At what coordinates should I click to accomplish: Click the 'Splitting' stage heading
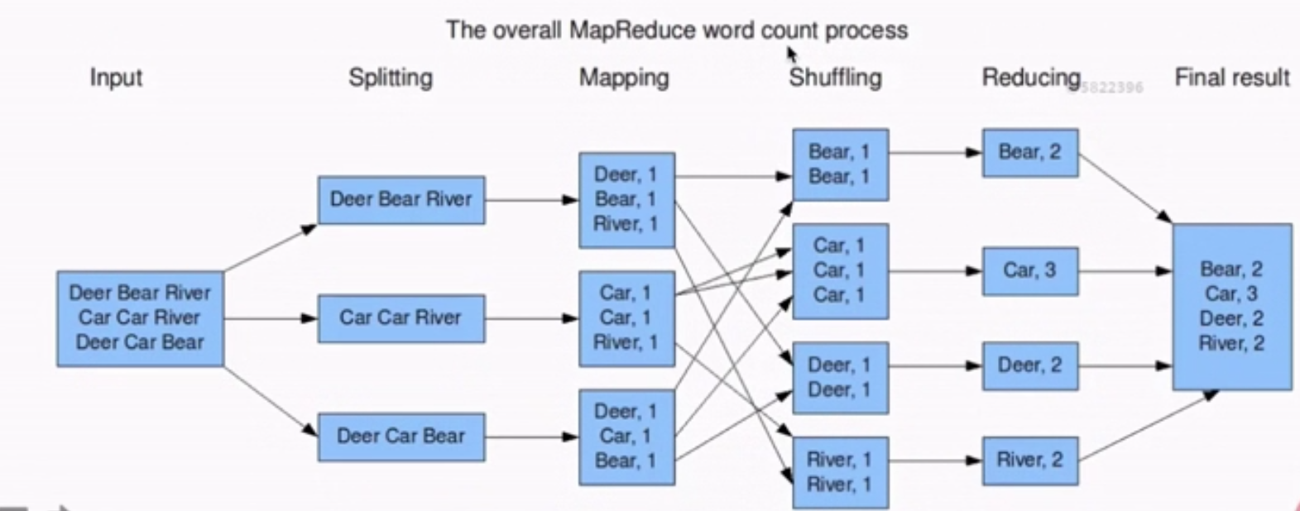pos(390,78)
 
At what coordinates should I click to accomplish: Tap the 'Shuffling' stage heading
pos(835,78)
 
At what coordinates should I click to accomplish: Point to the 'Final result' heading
pos(1231,78)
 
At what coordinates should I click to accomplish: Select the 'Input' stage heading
pos(116,78)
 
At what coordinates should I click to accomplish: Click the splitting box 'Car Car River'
pos(401,318)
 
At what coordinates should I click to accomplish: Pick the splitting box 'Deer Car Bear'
pos(401,437)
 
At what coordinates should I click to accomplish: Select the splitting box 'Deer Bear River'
pos(401,199)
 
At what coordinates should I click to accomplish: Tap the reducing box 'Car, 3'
pos(1029,270)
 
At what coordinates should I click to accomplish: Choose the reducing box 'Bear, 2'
pos(1029,152)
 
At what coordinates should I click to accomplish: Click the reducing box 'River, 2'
pos(1029,460)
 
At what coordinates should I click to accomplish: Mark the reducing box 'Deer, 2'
pos(1029,365)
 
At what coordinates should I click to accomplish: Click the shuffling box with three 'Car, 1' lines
pos(840,270)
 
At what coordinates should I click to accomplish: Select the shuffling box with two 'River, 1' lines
pos(840,472)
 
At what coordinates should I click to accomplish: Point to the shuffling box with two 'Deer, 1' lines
pos(840,377)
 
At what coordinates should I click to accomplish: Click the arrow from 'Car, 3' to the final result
pos(1125,270)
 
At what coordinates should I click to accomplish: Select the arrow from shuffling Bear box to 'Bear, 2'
pos(935,152)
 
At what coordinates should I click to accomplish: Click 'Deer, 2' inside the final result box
pos(1231,318)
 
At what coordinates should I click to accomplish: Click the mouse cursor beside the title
pos(791,55)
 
